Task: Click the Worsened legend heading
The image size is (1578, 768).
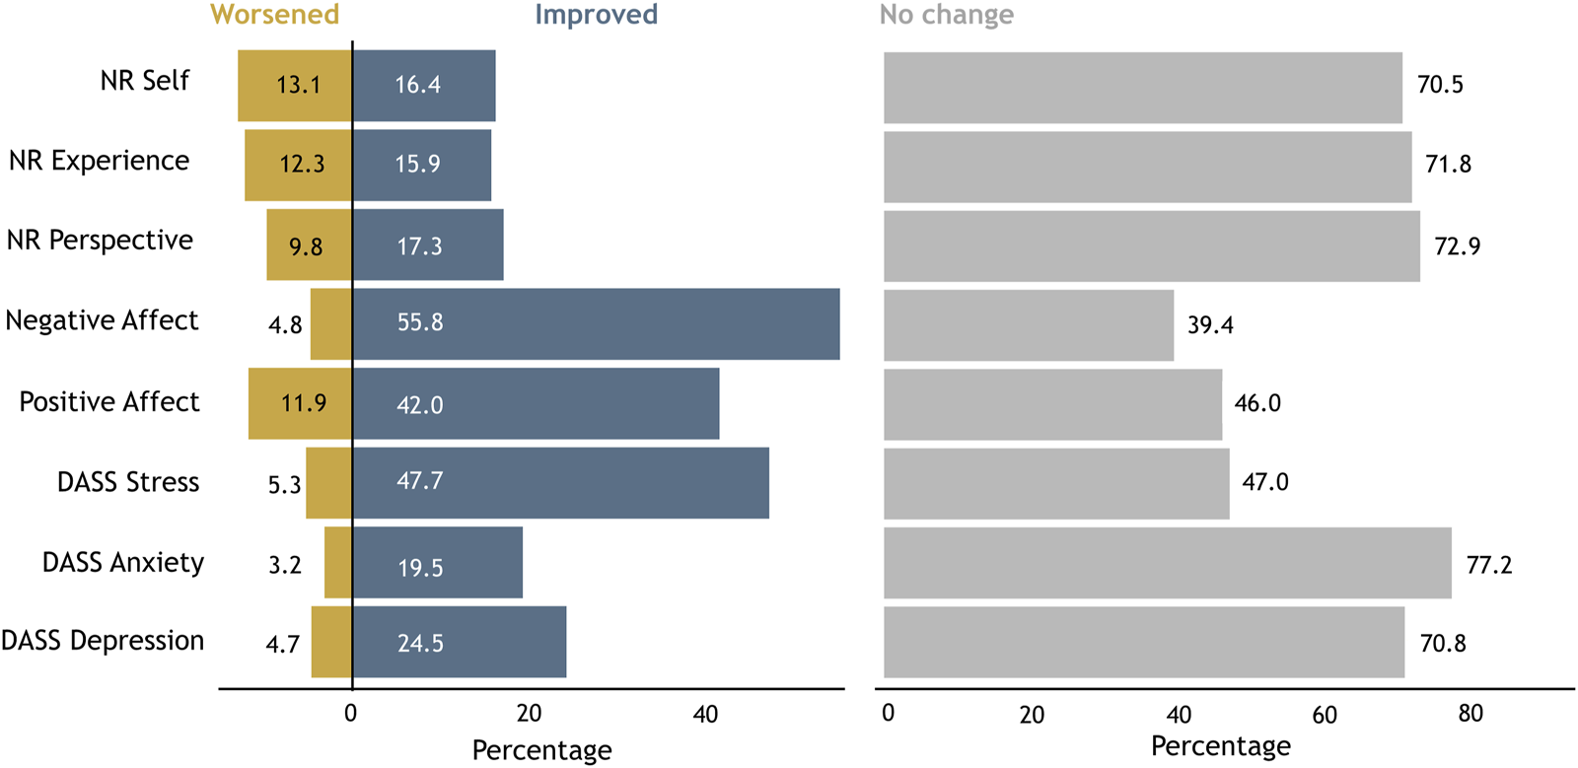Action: click(274, 15)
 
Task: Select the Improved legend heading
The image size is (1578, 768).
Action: click(596, 15)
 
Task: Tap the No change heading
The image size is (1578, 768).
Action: click(946, 15)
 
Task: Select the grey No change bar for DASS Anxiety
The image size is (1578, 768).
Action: click(1167, 563)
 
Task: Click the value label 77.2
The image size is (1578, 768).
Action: click(1488, 565)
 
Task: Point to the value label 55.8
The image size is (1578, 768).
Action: click(419, 322)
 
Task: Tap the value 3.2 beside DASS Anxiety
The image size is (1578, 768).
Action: click(284, 565)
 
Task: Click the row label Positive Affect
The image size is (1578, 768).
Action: click(108, 402)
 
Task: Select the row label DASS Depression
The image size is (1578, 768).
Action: click(103, 641)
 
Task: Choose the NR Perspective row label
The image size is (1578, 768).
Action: click(100, 241)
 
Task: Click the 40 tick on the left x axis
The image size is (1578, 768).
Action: click(705, 714)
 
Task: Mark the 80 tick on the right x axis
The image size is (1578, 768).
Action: click(1470, 714)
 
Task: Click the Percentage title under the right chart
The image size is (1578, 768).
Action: click(1220, 746)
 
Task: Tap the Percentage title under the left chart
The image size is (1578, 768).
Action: click(541, 750)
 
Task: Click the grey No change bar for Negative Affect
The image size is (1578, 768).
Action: click(1029, 324)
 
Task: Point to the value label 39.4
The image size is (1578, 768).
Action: click(1209, 325)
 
